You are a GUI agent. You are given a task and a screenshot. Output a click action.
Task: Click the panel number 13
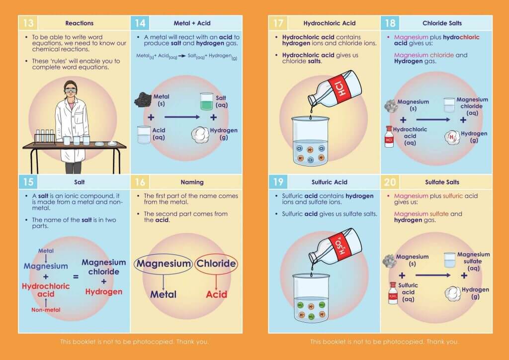click(28, 23)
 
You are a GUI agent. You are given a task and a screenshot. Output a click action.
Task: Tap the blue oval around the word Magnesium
click(164, 264)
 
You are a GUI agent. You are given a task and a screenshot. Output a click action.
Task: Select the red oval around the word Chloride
click(216, 264)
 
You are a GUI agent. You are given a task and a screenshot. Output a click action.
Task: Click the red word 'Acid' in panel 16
click(216, 294)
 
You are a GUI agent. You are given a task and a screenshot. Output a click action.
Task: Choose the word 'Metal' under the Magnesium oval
click(163, 294)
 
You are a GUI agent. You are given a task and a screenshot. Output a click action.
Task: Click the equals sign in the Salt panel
click(76, 276)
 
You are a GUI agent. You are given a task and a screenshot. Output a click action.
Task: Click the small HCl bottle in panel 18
click(389, 137)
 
